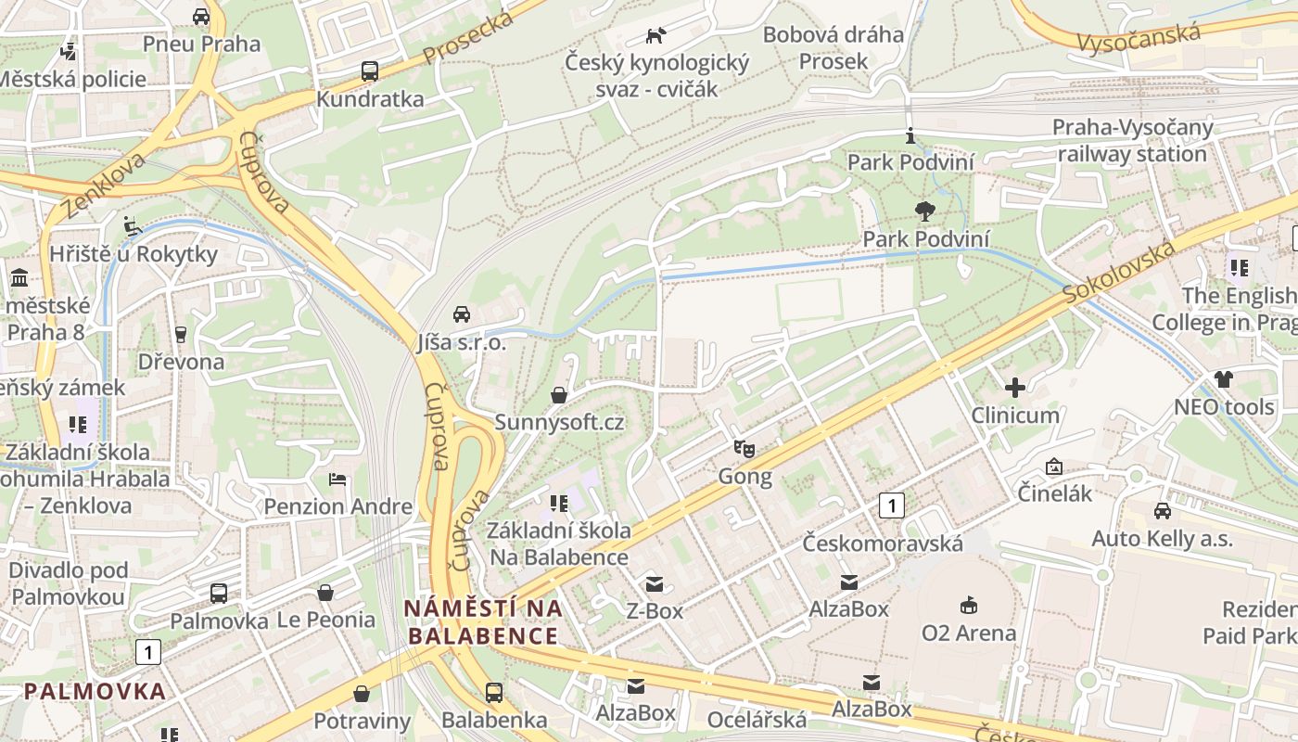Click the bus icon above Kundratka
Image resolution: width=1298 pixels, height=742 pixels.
point(369,70)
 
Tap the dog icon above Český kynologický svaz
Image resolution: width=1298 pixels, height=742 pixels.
point(655,35)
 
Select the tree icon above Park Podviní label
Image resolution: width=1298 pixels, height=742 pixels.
point(924,211)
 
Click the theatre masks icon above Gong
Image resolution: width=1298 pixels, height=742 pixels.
point(744,449)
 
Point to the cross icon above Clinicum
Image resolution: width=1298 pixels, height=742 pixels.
point(1015,387)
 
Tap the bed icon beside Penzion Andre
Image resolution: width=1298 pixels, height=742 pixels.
point(337,480)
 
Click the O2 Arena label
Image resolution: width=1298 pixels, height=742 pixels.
point(968,633)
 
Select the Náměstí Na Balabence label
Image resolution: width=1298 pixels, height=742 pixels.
point(483,621)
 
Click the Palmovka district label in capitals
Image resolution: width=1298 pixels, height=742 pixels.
point(95,691)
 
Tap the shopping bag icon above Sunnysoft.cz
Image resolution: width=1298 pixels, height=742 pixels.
point(559,395)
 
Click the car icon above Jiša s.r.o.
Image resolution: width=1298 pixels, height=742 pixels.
point(462,313)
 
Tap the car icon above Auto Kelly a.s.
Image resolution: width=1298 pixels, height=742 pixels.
point(1162,510)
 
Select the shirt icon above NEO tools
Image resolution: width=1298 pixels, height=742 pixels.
point(1224,378)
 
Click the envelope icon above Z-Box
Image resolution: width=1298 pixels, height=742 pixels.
point(655,583)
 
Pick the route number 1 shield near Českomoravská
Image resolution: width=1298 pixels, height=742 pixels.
point(891,505)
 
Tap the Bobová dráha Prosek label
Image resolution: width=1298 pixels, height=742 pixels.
point(833,48)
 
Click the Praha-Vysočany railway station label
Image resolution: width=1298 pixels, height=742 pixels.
point(1131,140)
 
